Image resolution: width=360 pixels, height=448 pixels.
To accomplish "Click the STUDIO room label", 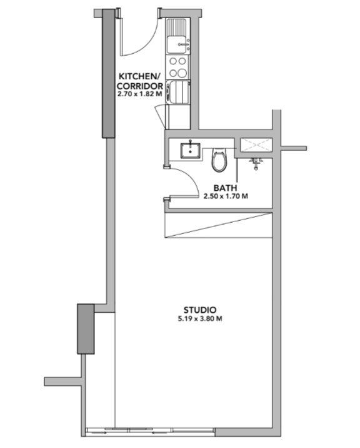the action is tap(200, 310).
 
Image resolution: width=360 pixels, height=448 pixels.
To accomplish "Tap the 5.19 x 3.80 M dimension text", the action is tap(200, 318).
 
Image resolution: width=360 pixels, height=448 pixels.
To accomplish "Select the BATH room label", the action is tap(225, 188).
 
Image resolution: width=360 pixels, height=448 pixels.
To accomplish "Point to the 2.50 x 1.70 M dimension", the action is tap(226, 196).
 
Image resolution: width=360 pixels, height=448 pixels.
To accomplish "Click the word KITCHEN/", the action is tap(139, 76).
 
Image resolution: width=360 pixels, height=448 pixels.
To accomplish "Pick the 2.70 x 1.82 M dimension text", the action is tap(139, 94).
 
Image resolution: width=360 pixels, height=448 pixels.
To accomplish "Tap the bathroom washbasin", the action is tap(190, 151).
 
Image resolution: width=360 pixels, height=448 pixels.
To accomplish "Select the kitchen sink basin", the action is tap(176, 44).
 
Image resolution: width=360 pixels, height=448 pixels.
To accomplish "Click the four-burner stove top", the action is tap(177, 67).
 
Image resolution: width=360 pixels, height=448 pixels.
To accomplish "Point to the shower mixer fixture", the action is tap(256, 163).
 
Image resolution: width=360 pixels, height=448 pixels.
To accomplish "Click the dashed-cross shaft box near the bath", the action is tap(256, 145).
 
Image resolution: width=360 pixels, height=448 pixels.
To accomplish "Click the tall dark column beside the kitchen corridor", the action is tap(109, 73).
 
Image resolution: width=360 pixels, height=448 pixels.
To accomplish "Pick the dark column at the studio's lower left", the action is tap(86, 329).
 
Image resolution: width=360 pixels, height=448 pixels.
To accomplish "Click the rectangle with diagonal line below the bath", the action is tap(218, 225).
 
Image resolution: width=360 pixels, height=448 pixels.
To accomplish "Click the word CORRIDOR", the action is tap(139, 86).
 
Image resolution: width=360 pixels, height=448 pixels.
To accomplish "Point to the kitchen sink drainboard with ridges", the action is tap(176, 26).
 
